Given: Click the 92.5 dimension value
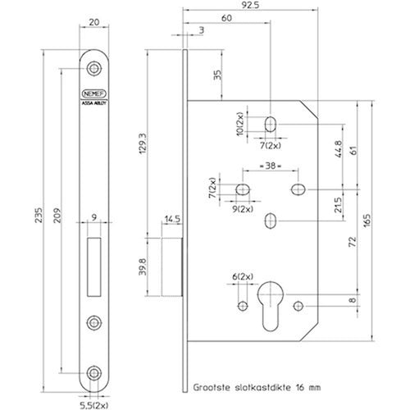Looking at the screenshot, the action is (250, 5).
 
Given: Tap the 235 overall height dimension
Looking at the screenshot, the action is (39, 215).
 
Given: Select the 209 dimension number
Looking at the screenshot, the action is (57, 216).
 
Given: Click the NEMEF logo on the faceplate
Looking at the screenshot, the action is (94, 93).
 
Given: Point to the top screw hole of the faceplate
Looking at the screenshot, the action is (94, 68).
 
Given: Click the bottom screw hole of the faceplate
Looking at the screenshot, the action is (94, 373).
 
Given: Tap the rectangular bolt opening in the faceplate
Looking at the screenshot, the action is (94, 266).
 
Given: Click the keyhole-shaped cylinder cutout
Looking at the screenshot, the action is (271, 306).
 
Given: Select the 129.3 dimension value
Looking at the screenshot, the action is (143, 143).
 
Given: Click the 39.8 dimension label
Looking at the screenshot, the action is (143, 266).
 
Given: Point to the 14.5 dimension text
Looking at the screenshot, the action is (172, 219).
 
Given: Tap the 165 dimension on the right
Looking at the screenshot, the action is (367, 221).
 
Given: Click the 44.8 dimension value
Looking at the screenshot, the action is (338, 149).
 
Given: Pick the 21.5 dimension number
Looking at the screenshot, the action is (338, 205).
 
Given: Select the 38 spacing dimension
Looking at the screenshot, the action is (271, 166).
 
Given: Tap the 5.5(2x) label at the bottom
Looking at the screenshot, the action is (94, 405).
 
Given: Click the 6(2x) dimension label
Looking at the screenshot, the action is (243, 276).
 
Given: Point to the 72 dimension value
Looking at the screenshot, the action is (353, 242).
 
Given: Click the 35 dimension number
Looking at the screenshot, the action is (217, 75).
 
